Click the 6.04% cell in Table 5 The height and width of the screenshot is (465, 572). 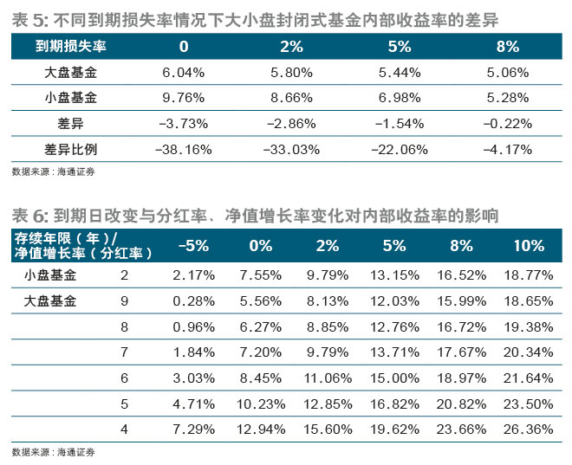(184, 73)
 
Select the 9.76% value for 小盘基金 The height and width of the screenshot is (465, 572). (184, 98)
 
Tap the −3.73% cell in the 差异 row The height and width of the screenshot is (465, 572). (182, 123)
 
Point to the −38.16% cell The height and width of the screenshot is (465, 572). (182, 148)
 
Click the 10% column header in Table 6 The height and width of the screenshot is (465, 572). (528, 246)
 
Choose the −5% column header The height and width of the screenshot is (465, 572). (192, 246)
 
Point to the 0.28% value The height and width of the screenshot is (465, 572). (193, 300)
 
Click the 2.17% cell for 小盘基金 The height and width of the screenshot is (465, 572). (193, 275)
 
